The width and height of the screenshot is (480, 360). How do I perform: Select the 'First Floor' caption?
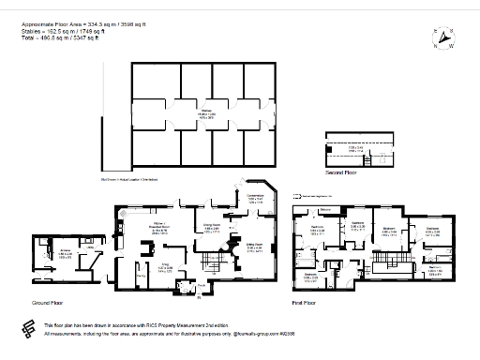tap(305, 304)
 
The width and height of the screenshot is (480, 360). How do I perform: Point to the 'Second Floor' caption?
tap(340, 173)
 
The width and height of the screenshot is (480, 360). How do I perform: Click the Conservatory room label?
tap(256, 199)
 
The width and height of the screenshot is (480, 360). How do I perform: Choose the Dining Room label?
tap(212, 227)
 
